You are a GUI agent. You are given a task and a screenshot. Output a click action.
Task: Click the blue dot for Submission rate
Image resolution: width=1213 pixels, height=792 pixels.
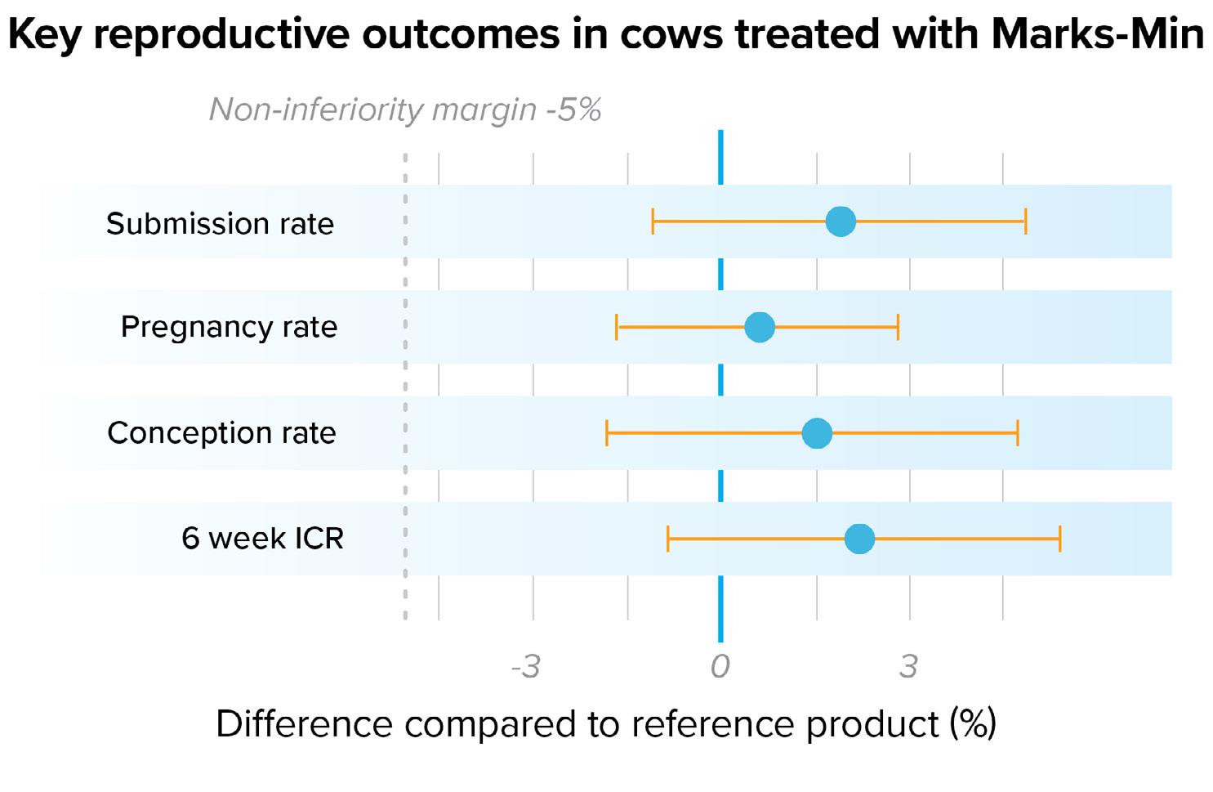point(840,221)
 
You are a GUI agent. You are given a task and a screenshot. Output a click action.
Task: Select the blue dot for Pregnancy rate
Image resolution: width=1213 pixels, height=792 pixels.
point(759,327)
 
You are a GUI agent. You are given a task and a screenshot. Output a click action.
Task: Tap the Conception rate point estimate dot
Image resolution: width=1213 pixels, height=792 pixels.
point(816,433)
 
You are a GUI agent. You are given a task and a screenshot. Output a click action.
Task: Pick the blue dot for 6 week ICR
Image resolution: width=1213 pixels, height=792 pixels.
point(858,539)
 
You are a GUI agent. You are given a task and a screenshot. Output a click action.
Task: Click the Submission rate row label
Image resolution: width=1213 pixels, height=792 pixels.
point(220,223)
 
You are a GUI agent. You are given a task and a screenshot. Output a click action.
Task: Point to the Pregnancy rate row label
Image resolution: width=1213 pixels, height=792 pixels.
point(229,327)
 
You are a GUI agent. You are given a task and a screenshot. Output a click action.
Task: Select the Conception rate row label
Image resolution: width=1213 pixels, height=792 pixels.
point(221,433)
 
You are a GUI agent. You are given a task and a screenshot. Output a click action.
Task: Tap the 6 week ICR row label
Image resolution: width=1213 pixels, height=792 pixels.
point(262,539)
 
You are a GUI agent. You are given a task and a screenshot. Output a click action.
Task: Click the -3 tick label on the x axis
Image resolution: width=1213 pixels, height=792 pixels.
point(525,667)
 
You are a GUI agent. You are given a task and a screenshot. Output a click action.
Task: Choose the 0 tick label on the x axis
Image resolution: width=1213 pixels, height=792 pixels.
point(720,667)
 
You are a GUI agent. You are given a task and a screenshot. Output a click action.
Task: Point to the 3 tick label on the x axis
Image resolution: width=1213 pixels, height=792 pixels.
point(908,667)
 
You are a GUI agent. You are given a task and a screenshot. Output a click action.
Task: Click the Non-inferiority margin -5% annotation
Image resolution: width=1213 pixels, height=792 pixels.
point(405,110)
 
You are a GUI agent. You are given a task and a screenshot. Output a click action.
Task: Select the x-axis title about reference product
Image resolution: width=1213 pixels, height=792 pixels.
point(605,724)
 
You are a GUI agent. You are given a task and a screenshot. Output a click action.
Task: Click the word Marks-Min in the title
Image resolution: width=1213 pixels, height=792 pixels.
point(1097,35)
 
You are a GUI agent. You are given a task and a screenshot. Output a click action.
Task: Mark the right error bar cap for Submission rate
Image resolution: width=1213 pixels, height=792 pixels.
point(1025,221)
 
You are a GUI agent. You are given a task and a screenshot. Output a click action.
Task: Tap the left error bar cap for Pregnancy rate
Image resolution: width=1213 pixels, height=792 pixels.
point(618,327)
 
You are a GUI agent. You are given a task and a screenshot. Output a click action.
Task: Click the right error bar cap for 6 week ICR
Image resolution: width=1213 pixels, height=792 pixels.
point(1059,539)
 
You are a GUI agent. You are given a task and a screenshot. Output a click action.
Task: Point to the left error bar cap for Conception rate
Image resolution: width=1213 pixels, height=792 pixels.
point(607,433)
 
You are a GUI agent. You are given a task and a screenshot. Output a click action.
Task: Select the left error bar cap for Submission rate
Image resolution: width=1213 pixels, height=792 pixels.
point(653,221)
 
